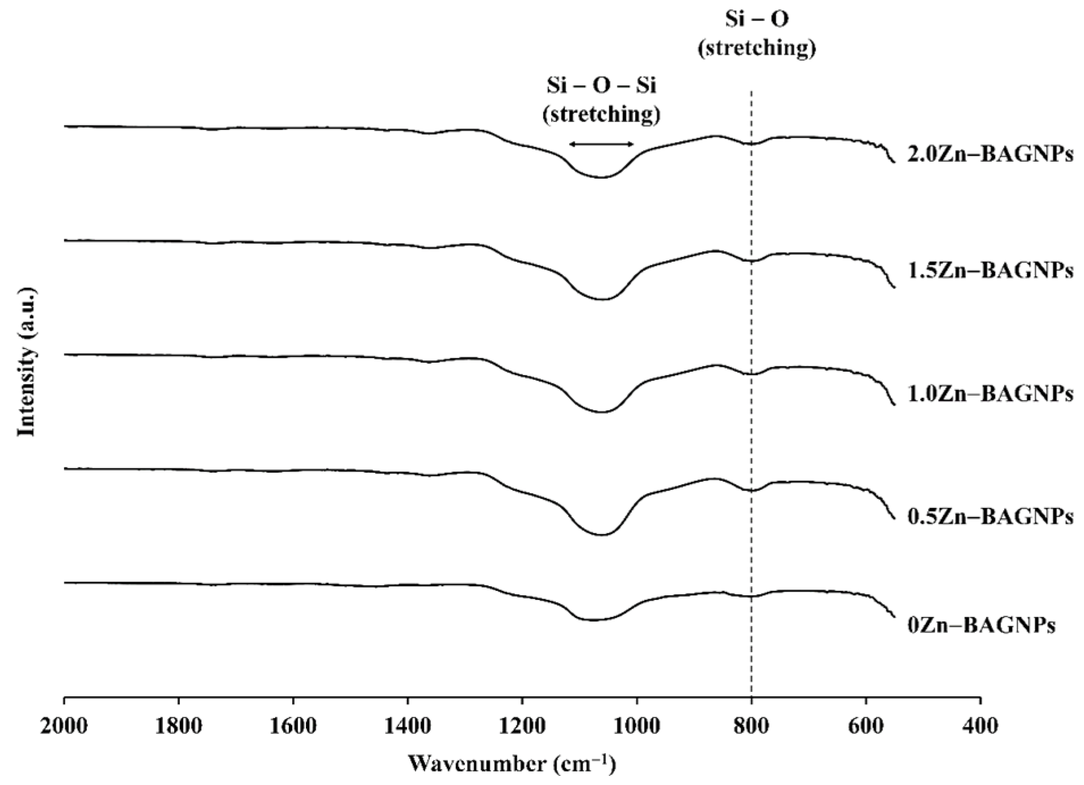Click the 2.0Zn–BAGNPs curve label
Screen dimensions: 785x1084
point(990,154)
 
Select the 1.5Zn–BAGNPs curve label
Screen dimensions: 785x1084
point(990,270)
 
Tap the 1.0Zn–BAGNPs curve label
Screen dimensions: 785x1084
point(990,393)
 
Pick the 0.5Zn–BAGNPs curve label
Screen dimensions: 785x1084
point(990,516)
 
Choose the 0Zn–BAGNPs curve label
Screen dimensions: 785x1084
point(981,625)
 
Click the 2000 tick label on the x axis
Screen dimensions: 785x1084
point(64,726)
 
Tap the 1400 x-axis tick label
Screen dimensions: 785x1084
point(407,726)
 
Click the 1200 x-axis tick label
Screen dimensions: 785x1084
point(522,726)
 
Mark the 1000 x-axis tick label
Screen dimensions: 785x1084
point(637,726)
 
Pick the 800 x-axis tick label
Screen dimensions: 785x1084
point(751,726)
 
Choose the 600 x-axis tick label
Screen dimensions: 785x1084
point(866,726)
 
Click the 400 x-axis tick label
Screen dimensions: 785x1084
point(980,726)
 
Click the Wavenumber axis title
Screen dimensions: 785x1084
point(511,764)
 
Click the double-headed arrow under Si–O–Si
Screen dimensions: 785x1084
point(602,144)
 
